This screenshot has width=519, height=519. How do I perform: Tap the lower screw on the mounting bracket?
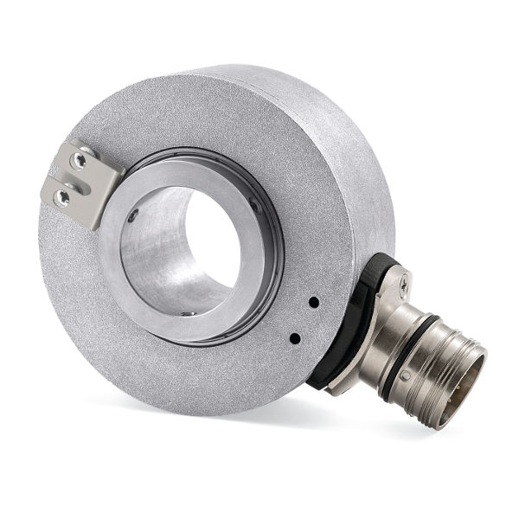61,197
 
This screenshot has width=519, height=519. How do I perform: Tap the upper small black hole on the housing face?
313,302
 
